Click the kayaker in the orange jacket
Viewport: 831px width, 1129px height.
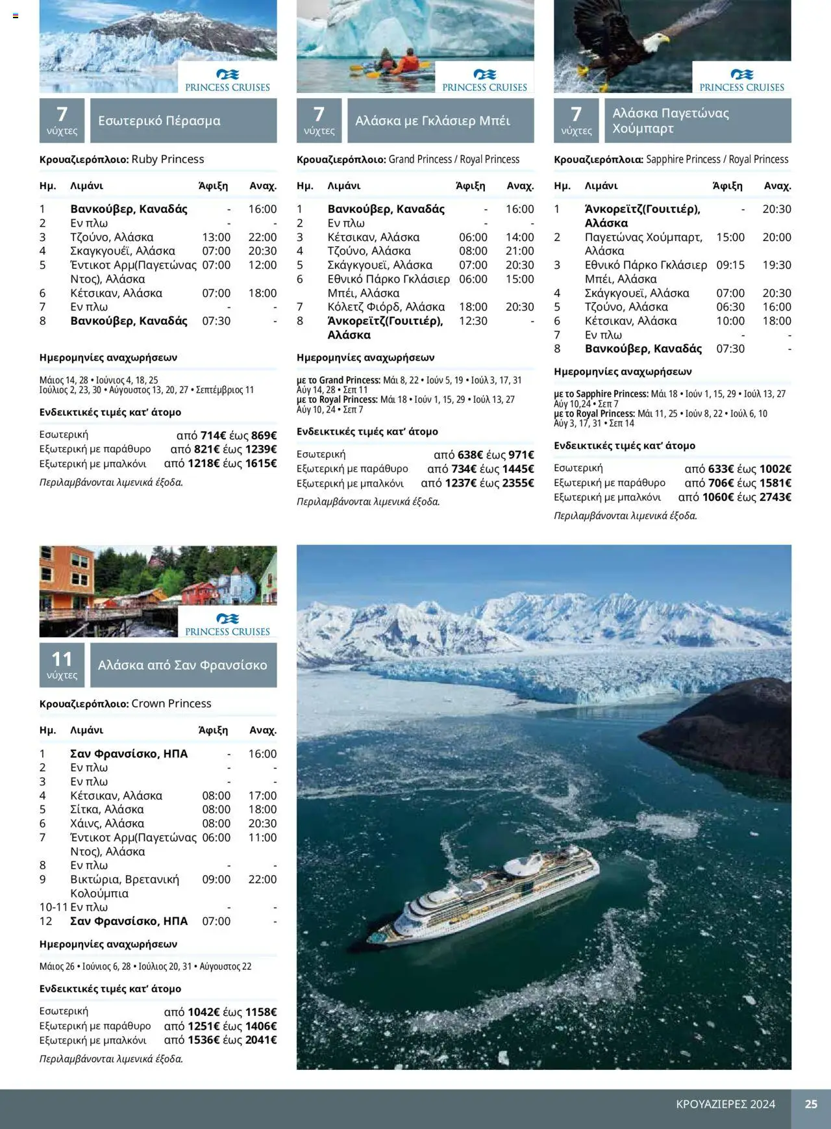pyautogui.click(x=408, y=63)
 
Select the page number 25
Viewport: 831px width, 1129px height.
pyautogui.click(x=811, y=1104)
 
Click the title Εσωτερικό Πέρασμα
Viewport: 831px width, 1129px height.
pyautogui.click(x=159, y=121)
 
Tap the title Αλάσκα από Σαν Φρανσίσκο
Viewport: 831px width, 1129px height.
pyautogui.click(x=182, y=665)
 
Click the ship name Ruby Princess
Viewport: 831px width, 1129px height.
pyautogui.click(x=167, y=159)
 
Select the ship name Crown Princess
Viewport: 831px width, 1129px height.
pyautogui.click(x=171, y=704)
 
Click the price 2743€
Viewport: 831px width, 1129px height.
pyautogui.click(x=775, y=498)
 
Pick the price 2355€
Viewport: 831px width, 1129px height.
pyautogui.click(x=518, y=483)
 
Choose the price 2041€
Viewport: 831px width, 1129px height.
pyautogui.click(x=261, y=1040)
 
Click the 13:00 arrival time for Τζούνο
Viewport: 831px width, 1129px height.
pyautogui.click(x=216, y=237)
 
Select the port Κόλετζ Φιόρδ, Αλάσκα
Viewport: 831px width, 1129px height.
pyautogui.click(x=386, y=307)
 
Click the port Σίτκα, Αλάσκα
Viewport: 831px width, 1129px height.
pyautogui.click(x=106, y=809)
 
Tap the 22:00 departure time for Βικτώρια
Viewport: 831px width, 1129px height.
pyautogui.click(x=262, y=879)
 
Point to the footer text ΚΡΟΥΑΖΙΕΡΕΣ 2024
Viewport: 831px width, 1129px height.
pyautogui.click(x=725, y=1104)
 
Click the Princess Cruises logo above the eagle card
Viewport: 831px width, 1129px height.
pyautogui.click(x=741, y=80)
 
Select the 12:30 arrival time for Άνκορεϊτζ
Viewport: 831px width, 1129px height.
pyautogui.click(x=473, y=321)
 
